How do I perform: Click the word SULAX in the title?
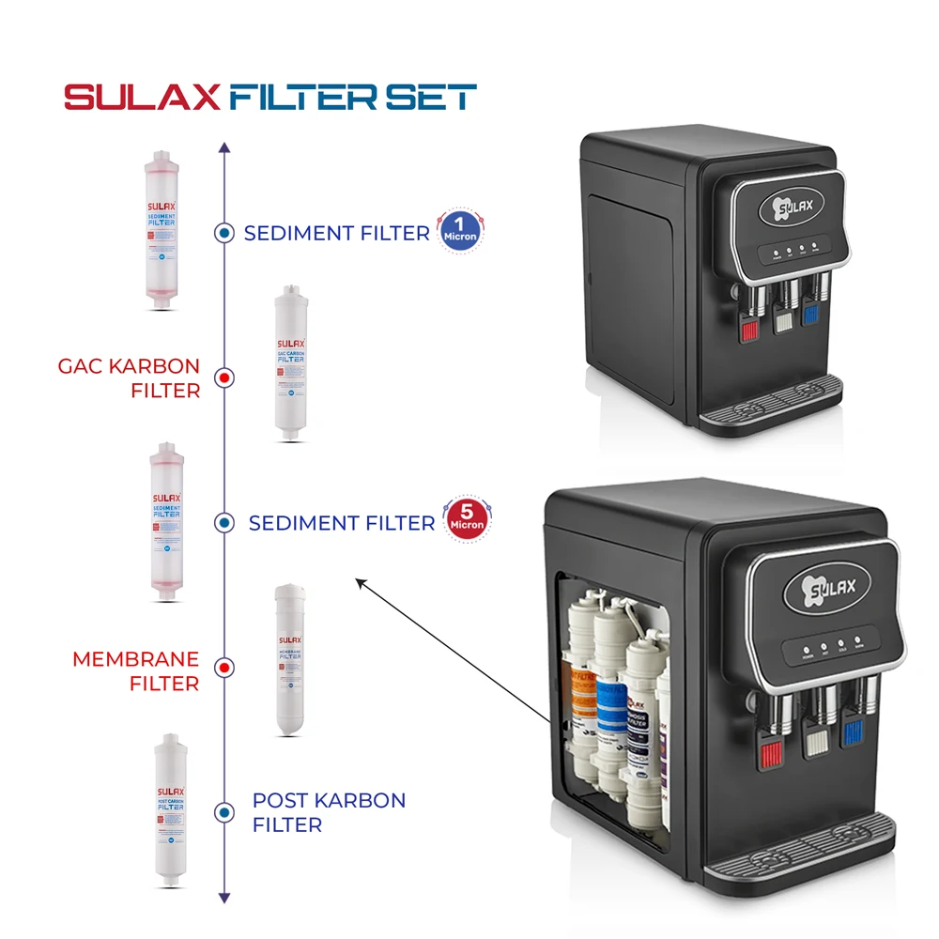click(143, 98)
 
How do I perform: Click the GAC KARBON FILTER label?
click(129, 377)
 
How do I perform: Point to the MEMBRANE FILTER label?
click(136, 671)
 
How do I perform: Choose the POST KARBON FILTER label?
click(329, 812)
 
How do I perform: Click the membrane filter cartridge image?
click(288, 660)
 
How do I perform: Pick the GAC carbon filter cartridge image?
click(289, 363)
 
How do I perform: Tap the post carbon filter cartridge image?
click(168, 810)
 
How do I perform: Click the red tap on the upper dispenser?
click(750, 330)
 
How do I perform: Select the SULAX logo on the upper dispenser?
click(791, 205)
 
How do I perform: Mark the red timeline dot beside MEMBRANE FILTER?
click(223, 669)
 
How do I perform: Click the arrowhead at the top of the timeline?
click(223, 147)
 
